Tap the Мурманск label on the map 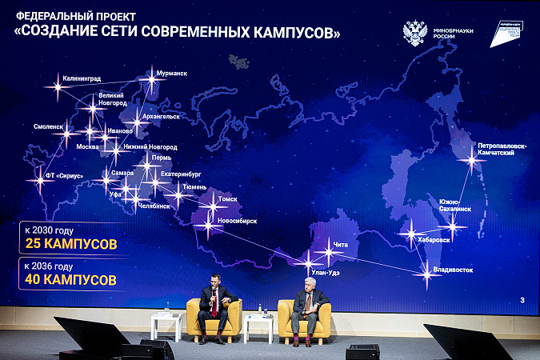[x=172, y=74]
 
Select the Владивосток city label [x=453, y=270]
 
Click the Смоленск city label [x=49, y=126]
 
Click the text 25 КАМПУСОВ [x=70, y=243]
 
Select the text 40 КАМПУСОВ [x=70, y=280]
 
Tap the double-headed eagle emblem [x=414, y=33]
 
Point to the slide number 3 [x=522, y=300]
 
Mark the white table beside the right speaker [x=258, y=319]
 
